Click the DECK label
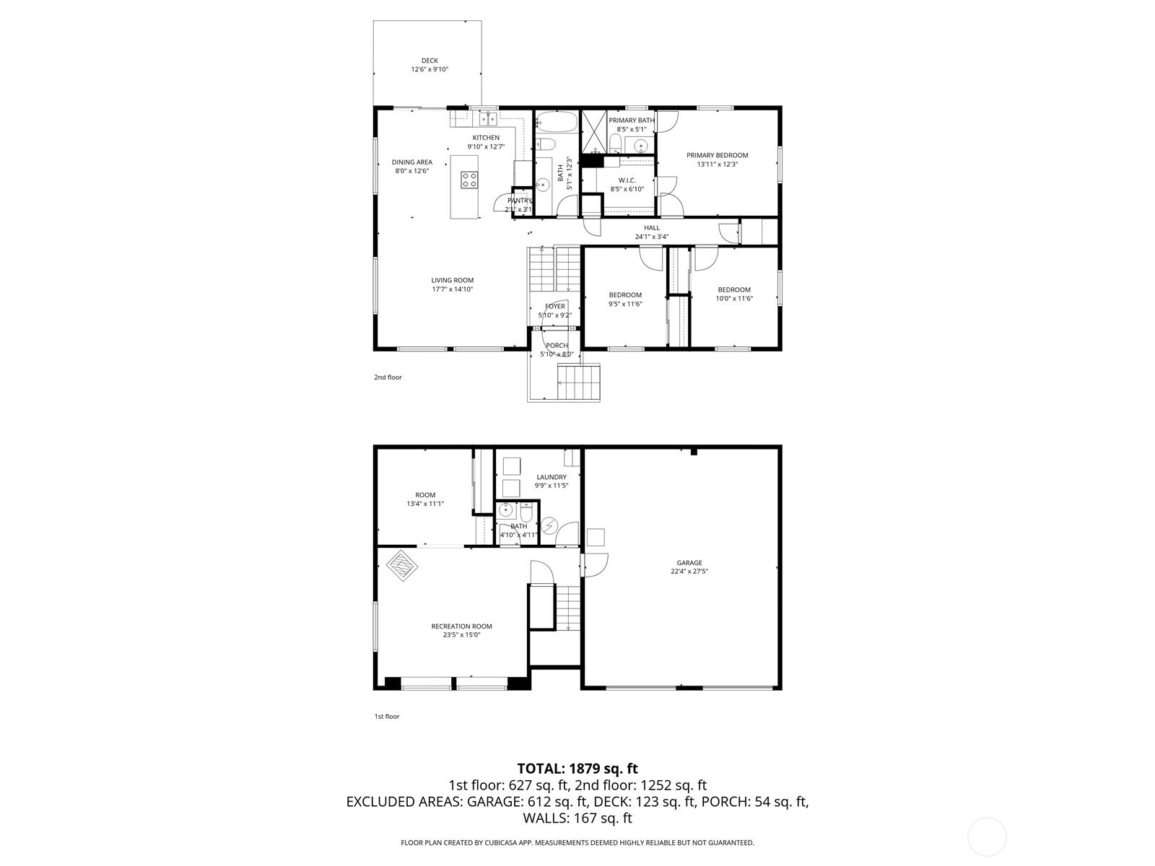click(430, 61)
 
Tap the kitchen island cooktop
click(469, 180)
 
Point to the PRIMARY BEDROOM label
click(717, 155)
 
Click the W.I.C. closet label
click(627, 180)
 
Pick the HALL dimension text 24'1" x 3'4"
click(651, 237)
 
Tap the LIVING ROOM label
click(453, 280)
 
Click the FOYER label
click(555, 306)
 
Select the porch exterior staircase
click(579, 382)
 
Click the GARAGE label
click(689, 563)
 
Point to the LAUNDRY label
click(552, 477)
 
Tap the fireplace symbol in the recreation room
click(402, 566)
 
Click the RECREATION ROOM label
click(461, 626)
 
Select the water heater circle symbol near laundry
click(550, 525)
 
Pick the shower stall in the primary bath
click(594, 131)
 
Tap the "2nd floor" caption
click(388, 377)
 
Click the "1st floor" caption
click(387, 716)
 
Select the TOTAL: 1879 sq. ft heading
click(577, 769)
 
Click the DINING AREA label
click(412, 162)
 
